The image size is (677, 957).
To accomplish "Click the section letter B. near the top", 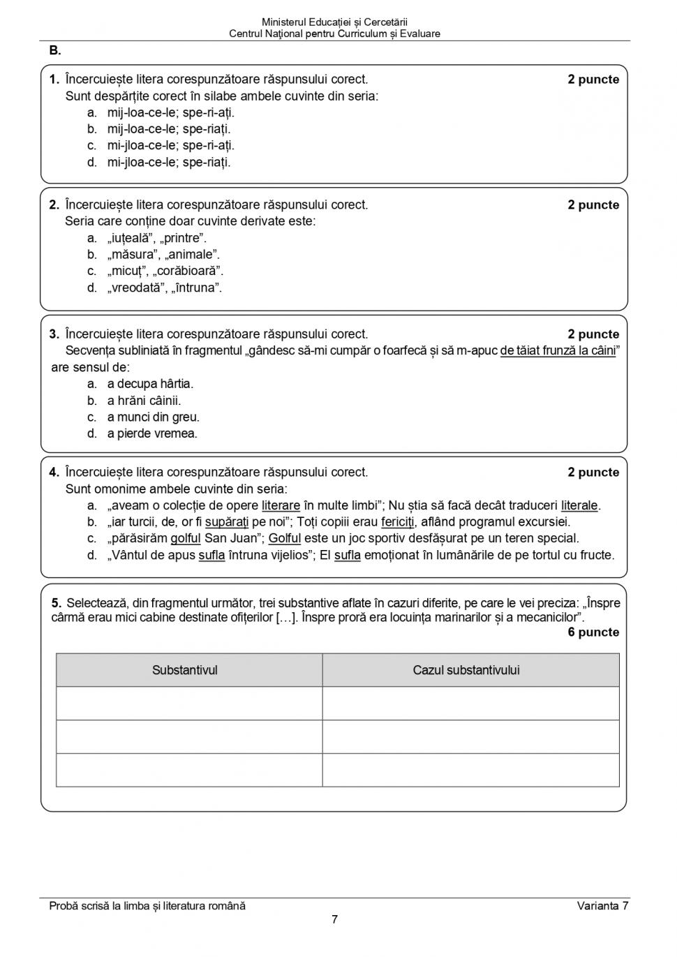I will click(55, 51).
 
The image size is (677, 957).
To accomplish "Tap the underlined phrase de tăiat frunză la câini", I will click(558, 350).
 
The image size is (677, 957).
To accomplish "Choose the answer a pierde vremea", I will click(152, 433).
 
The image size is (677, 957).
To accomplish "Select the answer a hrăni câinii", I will click(144, 401).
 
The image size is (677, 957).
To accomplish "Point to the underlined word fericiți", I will click(397, 522).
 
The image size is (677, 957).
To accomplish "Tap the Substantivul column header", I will click(185, 670).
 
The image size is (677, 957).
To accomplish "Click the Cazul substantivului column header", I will click(466, 670).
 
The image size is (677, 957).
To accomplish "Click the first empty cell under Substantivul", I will click(188, 703).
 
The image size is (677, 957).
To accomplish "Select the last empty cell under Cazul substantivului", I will click(470, 770).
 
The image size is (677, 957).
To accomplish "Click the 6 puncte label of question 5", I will click(593, 632).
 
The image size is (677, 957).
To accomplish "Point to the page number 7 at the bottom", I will click(334, 919).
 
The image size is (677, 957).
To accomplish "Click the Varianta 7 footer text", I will click(602, 906).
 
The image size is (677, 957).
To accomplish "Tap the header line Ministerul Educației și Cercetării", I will click(334, 22).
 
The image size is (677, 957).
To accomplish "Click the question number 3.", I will click(54, 334).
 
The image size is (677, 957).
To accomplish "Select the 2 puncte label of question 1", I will click(593, 80).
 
